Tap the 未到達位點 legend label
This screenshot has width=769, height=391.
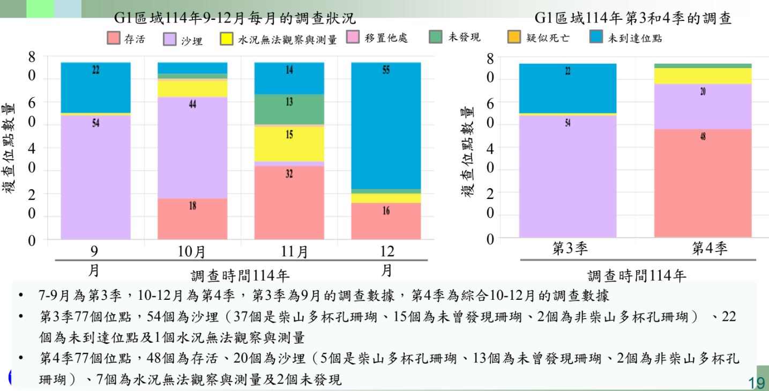(634, 39)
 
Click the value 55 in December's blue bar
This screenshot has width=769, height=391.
(386, 70)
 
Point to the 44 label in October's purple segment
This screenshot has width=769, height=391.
(192, 105)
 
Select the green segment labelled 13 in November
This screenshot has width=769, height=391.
(289, 109)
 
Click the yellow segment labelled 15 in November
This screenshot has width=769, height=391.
(289, 143)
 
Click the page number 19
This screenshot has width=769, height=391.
(756, 381)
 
